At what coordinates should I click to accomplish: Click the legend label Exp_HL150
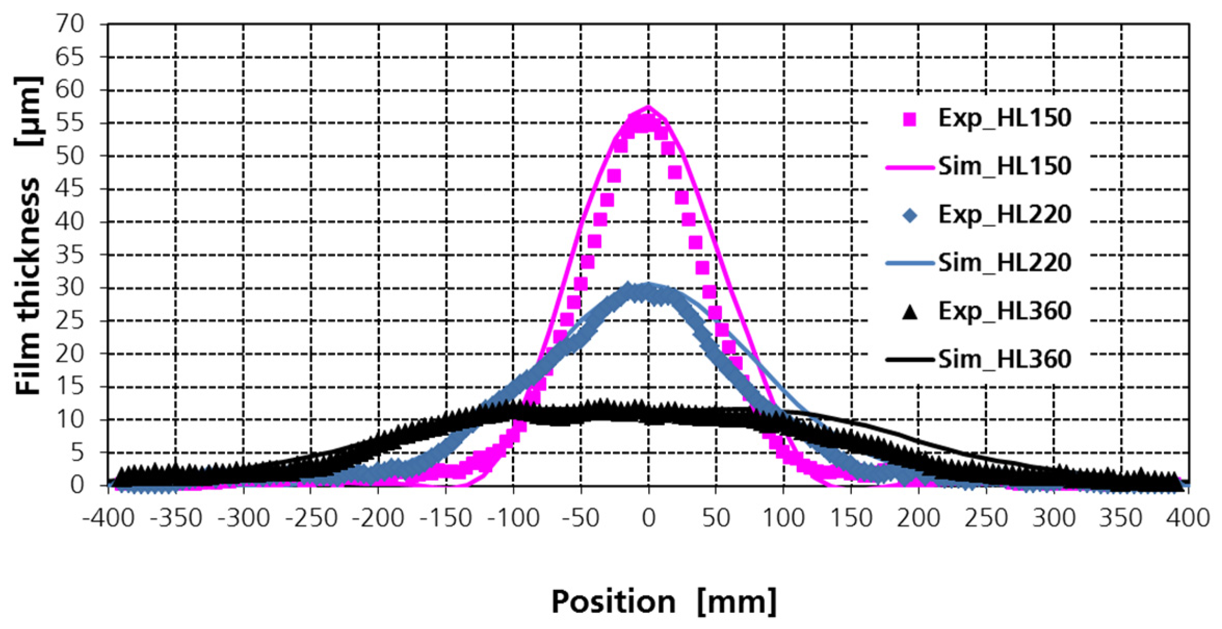[x=1004, y=119]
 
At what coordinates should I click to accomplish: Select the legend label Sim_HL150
[x=1004, y=166]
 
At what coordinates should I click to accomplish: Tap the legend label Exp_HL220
[x=1004, y=215]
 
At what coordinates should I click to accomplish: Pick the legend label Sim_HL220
[x=1004, y=263]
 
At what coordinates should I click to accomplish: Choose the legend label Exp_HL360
[x=1004, y=311]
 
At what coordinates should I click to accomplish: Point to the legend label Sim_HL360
[x=1004, y=359]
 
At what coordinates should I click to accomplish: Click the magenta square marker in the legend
[x=910, y=120]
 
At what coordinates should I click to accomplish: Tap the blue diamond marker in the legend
[x=910, y=215]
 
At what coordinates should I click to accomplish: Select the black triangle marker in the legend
[x=910, y=312]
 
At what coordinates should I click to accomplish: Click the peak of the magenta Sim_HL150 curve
[x=648, y=107]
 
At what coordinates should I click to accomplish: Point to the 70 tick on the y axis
[x=70, y=24]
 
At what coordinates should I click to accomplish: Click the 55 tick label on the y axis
[x=70, y=123]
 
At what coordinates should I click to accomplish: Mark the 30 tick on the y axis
[x=70, y=288]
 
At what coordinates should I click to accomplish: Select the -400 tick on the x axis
[x=109, y=518]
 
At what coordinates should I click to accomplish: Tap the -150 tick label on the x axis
[x=446, y=518]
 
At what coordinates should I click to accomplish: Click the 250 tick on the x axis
[x=986, y=518]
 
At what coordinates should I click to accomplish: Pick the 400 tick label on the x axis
[x=1188, y=518]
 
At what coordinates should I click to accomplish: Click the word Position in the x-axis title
[x=613, y=602]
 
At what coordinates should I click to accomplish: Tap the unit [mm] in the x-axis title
[x=737, y=602]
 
